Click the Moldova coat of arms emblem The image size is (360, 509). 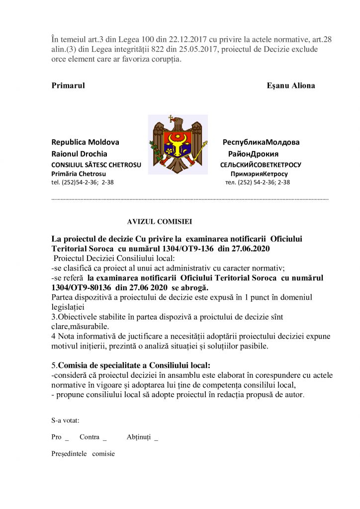coord(178,144)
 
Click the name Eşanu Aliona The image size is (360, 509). coord(291,85)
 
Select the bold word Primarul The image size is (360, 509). coord(68,85)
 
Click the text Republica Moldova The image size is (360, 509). coord(85,142)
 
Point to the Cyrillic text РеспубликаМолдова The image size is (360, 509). coord(261,142)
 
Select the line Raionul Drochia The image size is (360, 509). coord(80,154)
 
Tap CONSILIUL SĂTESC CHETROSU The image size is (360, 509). coord(96,165)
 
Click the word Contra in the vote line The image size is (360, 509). coord(90,437)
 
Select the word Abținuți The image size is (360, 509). coord(139,437)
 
